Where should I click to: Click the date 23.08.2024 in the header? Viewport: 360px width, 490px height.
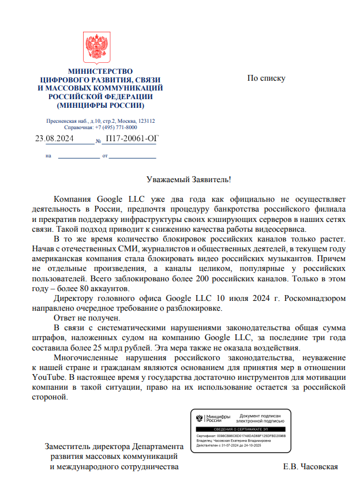[x=54, y=139]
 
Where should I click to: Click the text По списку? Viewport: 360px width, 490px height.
[x=266, y=78]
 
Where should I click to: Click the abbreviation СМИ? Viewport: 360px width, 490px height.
[x=156, y=248]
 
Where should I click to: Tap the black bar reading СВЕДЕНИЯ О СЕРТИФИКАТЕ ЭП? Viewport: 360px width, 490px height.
[x=241, y=430]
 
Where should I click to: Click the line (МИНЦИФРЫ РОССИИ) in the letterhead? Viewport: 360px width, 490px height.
[x=100, y=105]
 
